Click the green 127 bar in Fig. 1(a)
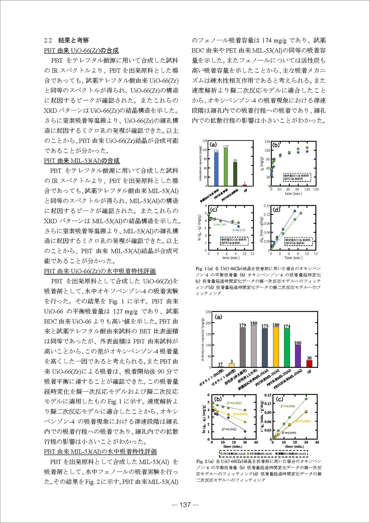tap(226, 167)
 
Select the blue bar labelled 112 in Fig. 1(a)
tap(216, 169)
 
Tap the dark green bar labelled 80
tap(235, 174)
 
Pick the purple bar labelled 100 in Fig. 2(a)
tap(298, 356)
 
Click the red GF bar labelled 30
tap(309, 364)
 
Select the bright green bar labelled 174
tap(287, 347)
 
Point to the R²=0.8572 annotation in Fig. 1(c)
tap(239, 230)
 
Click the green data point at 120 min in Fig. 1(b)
tap(307, 148)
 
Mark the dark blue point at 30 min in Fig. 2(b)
tap(245, 431)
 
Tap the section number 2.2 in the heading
tap(48, 41)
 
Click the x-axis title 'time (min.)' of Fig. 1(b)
tap(293, 194)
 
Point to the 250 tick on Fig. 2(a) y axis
tap(208, 312)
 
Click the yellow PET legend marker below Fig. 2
tap(248, 454)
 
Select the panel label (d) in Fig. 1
tap(276, 210)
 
